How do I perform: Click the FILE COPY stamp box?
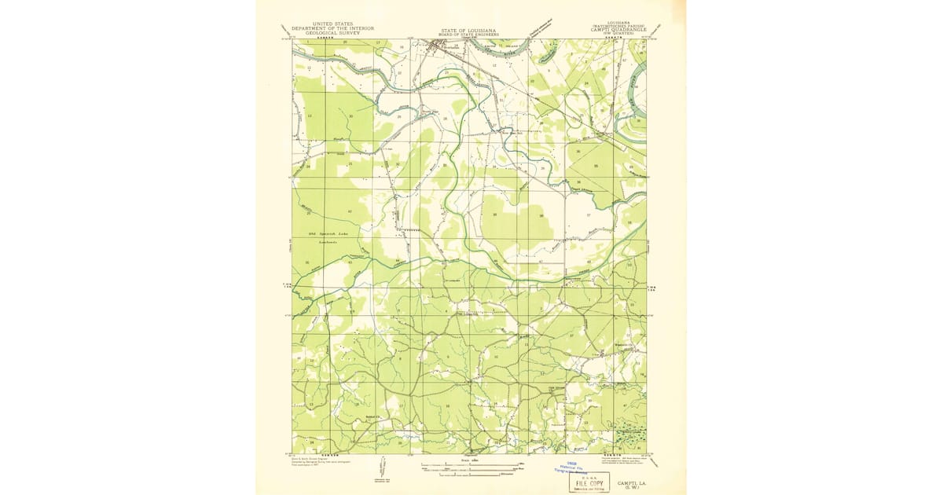point(589,482)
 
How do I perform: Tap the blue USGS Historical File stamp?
point(579,467)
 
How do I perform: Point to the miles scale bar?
point(469,467)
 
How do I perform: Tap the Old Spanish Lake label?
point(322,236)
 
